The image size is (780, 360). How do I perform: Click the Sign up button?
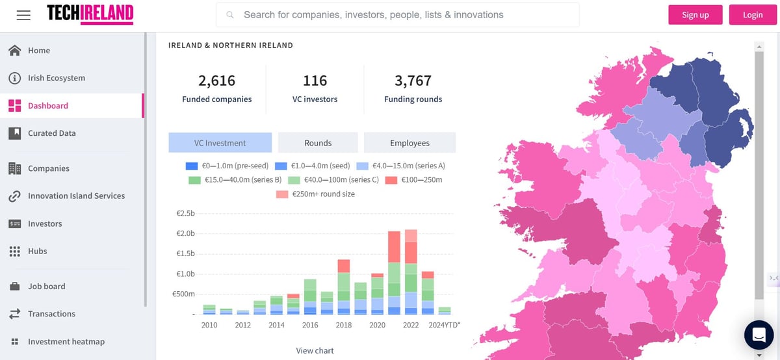[x=695, y=15]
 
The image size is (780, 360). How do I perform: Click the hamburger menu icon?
[x=23, y=14]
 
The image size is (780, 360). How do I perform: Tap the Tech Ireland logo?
[x=90, y=14]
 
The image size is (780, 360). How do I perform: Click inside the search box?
[x=398, y=14]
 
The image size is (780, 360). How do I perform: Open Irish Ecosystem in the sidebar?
[x=56, y=78]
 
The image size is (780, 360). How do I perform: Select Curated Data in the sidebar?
[x=51, y=133]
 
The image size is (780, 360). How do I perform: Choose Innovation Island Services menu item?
[x=76, y=196]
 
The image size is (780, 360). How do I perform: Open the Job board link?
[x=46, y=286]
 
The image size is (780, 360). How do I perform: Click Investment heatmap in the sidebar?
[x=66, y=342]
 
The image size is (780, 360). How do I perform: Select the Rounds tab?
[x=318, y=143]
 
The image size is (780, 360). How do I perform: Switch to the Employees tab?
[x=409, y=143]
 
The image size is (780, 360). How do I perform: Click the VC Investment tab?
[x=220, y=143]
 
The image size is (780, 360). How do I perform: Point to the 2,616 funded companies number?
[x=216, y=81]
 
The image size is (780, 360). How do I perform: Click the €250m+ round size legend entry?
[x=317, y=194]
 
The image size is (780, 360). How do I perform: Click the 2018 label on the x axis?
[x=343, y=325]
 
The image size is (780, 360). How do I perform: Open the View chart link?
[x=315, y=351]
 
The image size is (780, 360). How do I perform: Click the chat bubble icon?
[x=758, y=335]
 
